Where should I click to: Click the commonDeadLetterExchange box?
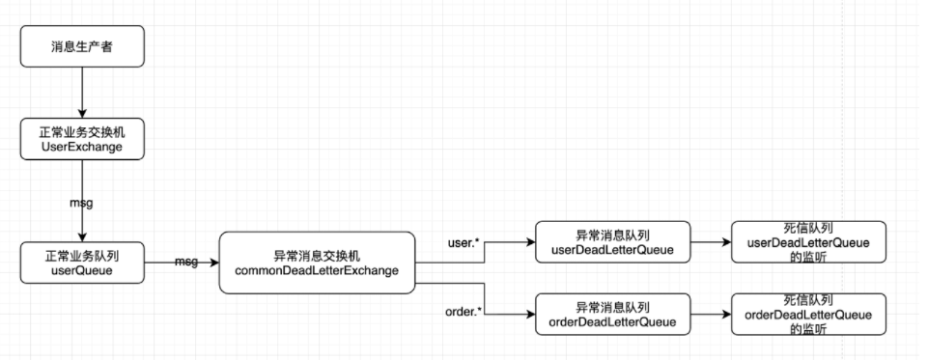click(317, 262)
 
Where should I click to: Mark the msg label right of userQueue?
click(186, 262)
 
